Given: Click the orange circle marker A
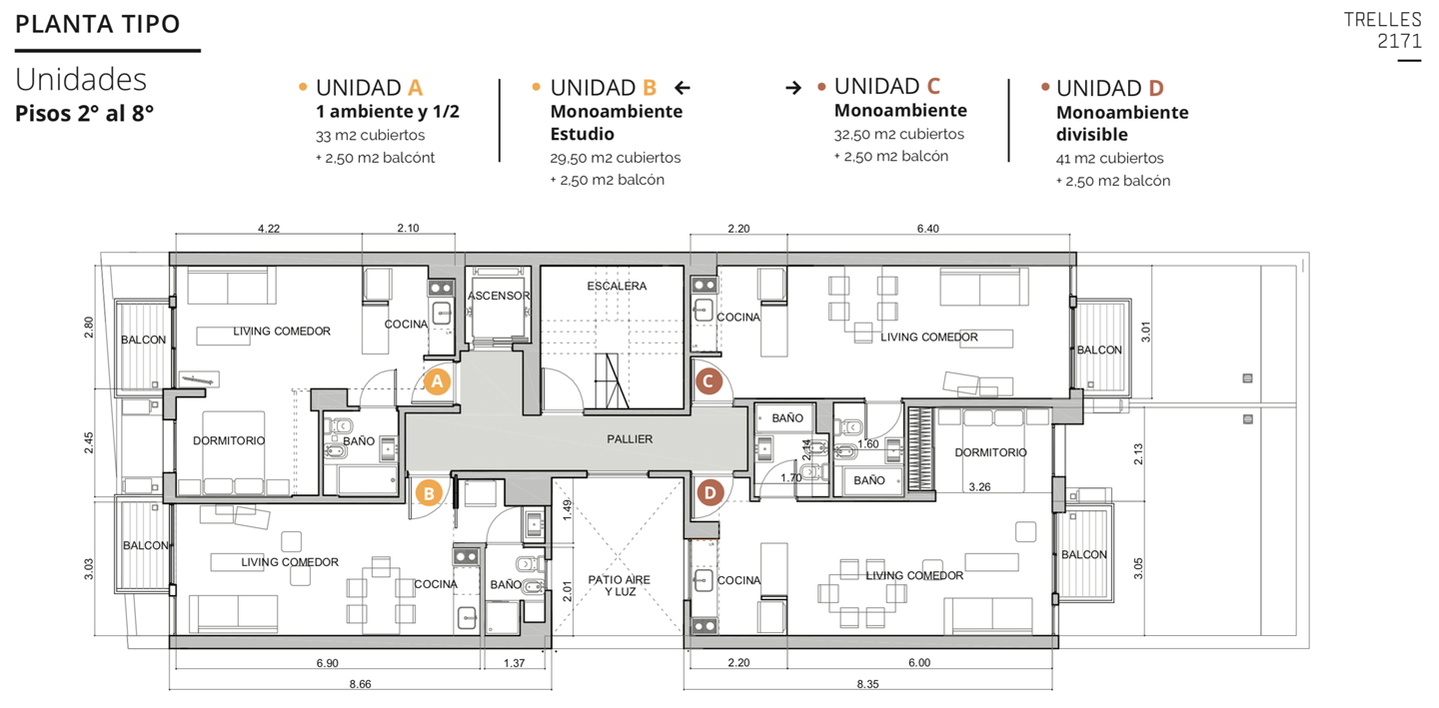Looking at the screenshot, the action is point(437,381).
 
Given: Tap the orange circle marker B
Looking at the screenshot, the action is point(429,493).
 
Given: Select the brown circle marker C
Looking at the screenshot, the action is point(709,381).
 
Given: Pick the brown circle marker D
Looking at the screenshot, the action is point(710,493).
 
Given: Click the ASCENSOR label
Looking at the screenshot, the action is point(499,296).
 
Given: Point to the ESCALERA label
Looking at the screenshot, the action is point(616,286).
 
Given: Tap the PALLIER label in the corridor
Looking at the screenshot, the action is point(630,439).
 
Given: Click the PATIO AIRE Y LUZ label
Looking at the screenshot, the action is point(620,585).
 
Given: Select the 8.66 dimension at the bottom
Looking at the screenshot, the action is point(361,684).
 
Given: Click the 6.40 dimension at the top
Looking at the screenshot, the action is point(927,229).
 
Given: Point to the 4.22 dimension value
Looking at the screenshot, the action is point(269,229).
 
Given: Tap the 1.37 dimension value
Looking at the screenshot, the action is point(514,663).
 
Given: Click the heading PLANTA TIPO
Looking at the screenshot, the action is point(98,24).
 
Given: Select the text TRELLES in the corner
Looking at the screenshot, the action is point(1382,20).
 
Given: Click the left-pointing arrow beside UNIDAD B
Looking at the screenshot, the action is point(683,88).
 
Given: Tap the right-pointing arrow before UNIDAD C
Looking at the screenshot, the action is point(793,88).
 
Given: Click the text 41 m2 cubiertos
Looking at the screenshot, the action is point(1109,159).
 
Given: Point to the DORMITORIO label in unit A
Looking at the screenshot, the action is point(229,441).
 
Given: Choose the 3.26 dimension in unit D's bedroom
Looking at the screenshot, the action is point(979,487).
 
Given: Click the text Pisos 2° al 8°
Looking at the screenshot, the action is point(84,114).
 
